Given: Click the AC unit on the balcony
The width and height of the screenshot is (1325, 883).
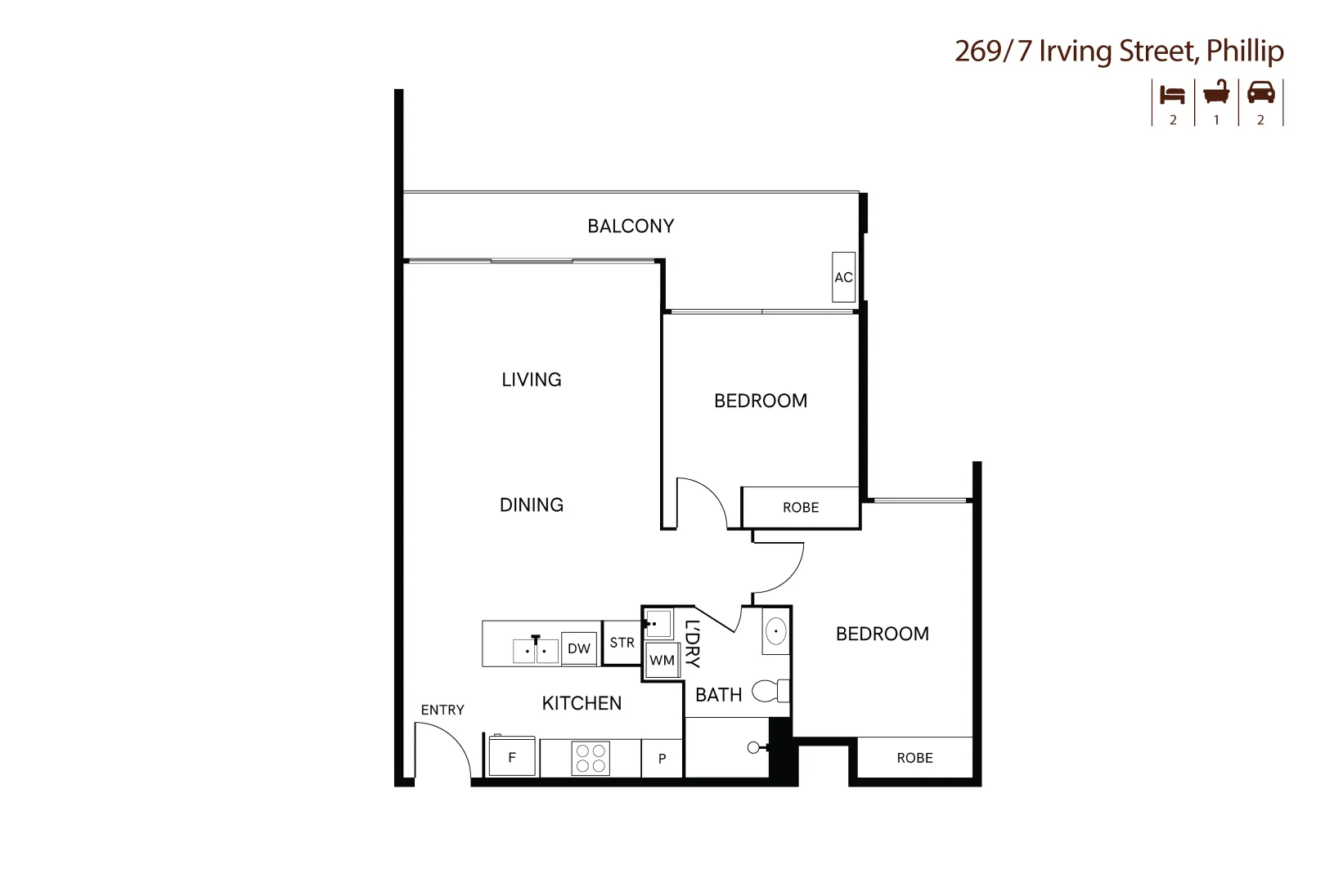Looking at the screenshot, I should [x=843, y=277].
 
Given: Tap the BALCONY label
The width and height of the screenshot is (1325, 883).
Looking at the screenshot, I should [x=631, y=226].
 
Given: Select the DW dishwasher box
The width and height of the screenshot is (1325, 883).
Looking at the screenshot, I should [x=579, y=649].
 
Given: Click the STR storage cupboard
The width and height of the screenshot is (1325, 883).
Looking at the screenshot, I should [x=622, y=643].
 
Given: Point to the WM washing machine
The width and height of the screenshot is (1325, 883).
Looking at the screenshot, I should [x=662, y=661].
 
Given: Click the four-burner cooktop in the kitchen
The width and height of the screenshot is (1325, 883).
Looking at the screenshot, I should [x=591, y=758].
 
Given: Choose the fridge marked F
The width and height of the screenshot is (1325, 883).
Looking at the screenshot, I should [x=512, y=757].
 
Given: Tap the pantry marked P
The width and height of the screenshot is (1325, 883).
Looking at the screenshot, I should [x=662, y=759].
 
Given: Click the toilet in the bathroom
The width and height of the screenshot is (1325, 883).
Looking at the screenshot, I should [x=770, y=691].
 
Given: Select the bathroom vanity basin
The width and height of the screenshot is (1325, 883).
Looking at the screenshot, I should [x=775, y=631].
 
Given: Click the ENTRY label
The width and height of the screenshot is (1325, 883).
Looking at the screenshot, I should [x=442, y=710].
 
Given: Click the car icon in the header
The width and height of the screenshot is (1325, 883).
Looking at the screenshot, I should [x=1260, y=92].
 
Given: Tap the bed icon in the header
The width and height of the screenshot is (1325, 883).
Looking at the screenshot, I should [x=1172, y=94].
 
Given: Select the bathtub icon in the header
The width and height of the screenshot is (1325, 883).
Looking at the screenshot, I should [x=1216, y=92].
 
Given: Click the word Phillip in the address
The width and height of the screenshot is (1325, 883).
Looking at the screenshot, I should [x=1245, y=51].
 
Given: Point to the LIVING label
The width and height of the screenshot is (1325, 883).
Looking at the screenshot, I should [x=532, y=380].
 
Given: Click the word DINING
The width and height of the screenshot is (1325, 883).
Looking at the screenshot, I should [x=532, y=505].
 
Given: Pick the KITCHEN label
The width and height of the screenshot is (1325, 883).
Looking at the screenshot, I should [x=582, y=703].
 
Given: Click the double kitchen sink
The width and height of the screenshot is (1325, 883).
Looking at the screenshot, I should [x=535, y=651].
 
